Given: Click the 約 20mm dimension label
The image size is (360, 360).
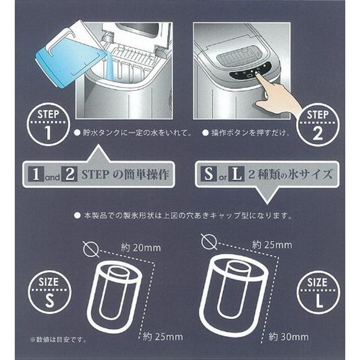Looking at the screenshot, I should tap(141, 248).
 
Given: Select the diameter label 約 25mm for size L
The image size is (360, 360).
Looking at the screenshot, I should tap(273, 245).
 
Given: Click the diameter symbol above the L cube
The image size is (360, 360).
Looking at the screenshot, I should tap(207, 242).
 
